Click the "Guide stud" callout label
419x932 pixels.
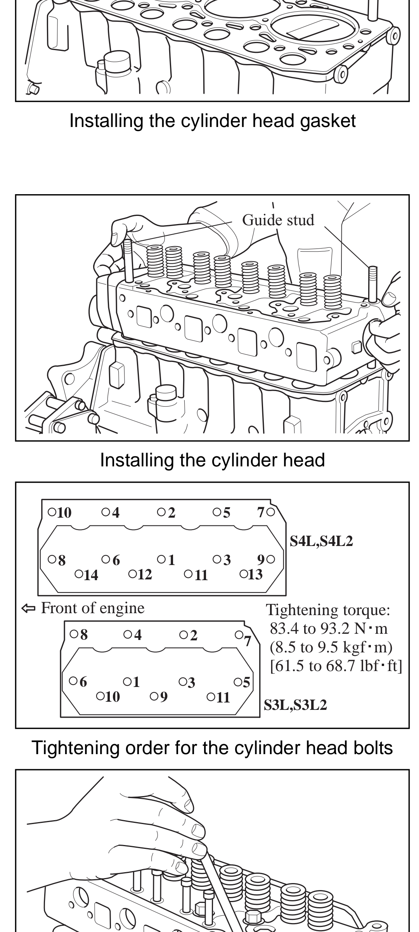pyautogui.click(x=278, y=220)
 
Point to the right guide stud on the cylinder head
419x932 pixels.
pyautogui.click(x=373, y=284)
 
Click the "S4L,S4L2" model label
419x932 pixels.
pyautogui.click(x=321, y=541)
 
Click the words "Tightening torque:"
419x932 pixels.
pyautogui.click(x=328, y=610)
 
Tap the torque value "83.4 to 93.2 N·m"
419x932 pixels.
pyautogui.click(x=329, y=628)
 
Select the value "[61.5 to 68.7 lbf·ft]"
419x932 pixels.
pyautogui.click(x=336, y=666)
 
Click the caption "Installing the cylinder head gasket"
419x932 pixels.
pyautogui.click(x=212, y=121)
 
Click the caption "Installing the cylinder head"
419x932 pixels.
pyautogui.click(x=212, y=460)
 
